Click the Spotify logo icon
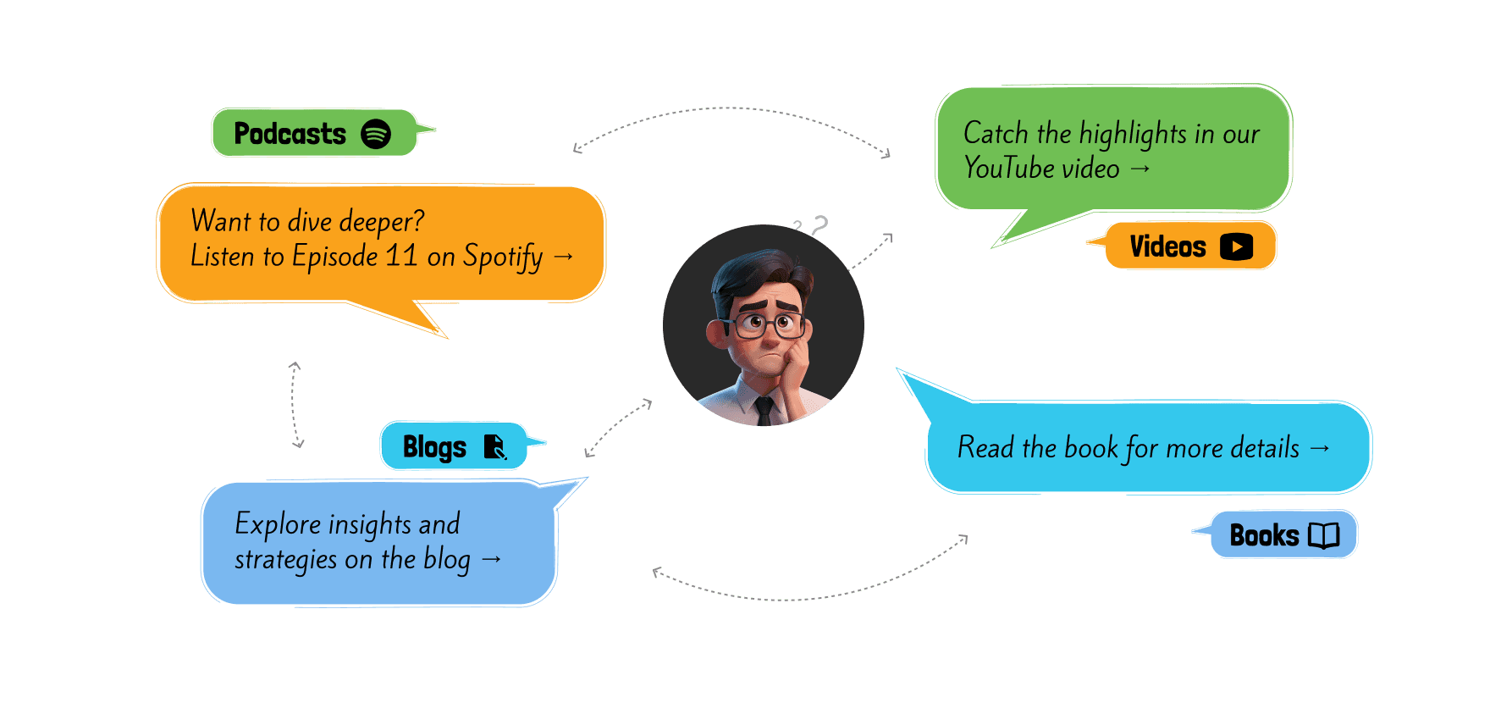(376, 134)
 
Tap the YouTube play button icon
(1236, 246)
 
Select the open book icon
(1323, 535)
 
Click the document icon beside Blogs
(494, 446)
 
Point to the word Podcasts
(290, 134)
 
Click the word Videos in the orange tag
(1167, 246)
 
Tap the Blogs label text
(434, 447)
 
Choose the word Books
(1264, 535)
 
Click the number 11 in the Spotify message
(401, 255)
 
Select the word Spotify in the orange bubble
(503, 257)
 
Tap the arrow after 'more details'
(1319, 447)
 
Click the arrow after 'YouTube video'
(1140, 169)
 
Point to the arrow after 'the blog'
(491, 559)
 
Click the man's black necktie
(764, 411)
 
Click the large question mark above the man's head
(819, 225)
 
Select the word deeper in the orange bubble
(380, 221)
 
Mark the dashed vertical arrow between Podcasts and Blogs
(295, 405)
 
